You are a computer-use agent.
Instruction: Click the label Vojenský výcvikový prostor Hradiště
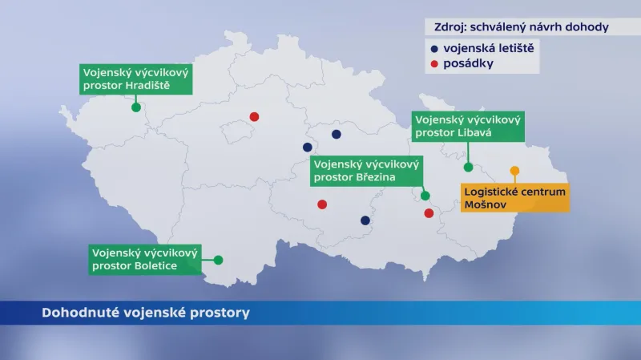tap(138, 79)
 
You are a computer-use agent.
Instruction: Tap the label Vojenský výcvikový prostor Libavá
tap(468, 127)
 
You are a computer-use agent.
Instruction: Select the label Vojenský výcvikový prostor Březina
tap(365, 169)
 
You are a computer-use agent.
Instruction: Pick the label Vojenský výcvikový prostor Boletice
tap(145, 258)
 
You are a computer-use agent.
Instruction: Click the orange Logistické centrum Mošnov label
tap(514, 198)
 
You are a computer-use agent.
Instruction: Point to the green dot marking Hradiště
tap(136, 107)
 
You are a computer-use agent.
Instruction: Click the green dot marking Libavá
tap(468, 167)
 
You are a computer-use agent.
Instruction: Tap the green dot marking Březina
tap(425, 196)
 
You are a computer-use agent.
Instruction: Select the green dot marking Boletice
tap(218, 260)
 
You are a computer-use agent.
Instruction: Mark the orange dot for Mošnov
tap(514, 170)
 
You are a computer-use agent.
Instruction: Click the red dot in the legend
tap(434, 63)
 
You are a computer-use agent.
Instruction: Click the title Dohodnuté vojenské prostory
tap(145, 313)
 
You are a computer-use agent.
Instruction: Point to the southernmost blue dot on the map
tap(365, 220)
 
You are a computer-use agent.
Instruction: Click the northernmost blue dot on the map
tap(337, 134)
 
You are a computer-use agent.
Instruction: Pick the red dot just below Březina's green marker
tap(429, 213)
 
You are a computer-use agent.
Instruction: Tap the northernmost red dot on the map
tap(254, 116)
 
